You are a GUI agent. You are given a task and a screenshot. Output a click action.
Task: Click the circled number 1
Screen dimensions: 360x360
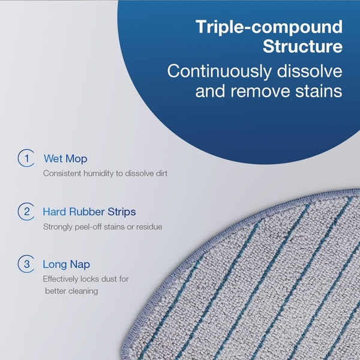[x=25, y=158]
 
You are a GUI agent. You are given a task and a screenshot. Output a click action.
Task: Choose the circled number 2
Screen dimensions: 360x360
[x=25, y=211]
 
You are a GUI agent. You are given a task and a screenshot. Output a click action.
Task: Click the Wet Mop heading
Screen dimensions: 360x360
[x=65, y=159]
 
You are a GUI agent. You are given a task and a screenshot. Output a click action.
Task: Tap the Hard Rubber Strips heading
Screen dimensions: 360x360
[x=89, y=212]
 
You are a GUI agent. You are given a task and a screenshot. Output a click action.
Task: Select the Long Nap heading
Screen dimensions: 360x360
[x=67, y=264]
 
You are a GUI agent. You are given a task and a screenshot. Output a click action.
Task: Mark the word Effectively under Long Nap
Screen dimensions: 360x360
[x=62, y=279]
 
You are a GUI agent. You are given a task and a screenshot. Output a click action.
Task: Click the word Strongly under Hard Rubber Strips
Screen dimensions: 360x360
[x=57, y=227]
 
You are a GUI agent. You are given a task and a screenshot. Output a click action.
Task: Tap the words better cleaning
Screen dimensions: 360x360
[x=71, y=291]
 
